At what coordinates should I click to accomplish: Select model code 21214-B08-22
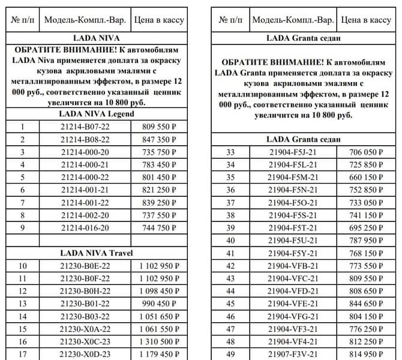pos(85,139)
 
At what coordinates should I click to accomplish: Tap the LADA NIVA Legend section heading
pos(97,114)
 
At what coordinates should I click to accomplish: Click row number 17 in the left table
pos(22,354)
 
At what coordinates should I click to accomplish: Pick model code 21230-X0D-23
pos(85,354)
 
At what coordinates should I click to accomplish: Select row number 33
pos(230,152)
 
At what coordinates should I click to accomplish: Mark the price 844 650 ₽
pos(366,304)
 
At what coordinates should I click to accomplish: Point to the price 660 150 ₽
pos(366,178)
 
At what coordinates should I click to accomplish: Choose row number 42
pos(230,266)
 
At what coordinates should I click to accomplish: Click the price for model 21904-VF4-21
pos(366,341)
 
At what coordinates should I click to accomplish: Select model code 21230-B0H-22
pos(85,291)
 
